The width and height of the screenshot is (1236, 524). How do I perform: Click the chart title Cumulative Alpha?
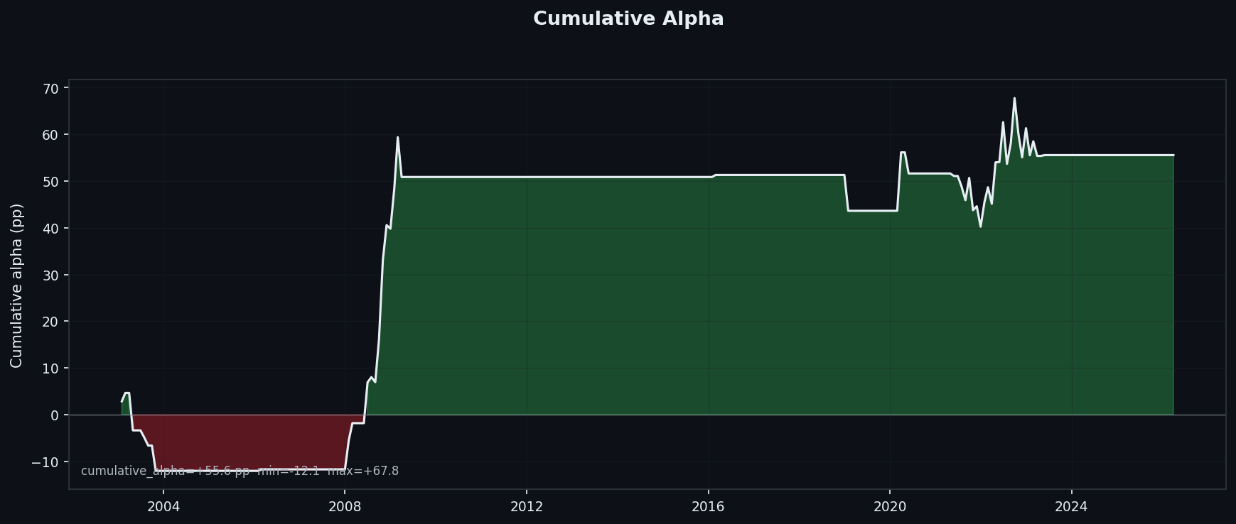tap(628, 19)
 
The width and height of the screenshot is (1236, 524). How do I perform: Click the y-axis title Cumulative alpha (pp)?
tap(17, 285)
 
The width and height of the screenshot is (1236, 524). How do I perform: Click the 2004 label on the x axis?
tap(163, 506)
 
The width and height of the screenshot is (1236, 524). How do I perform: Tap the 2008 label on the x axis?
tap(345, 506)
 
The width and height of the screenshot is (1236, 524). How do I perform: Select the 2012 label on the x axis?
tap(527, 506)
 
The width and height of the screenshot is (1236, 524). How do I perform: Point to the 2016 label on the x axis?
tap(708, 506)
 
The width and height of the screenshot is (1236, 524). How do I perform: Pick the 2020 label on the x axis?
tap(890, 506)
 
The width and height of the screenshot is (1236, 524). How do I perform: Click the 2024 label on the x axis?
tap(1071, 506)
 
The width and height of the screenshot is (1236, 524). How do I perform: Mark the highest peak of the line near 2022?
tap(1014, 98)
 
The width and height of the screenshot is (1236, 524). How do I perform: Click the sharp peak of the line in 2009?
tap(397, 137)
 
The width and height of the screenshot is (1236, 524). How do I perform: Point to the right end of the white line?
tap(1173, 155)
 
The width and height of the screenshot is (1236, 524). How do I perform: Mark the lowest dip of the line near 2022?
tap(981, 226)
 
